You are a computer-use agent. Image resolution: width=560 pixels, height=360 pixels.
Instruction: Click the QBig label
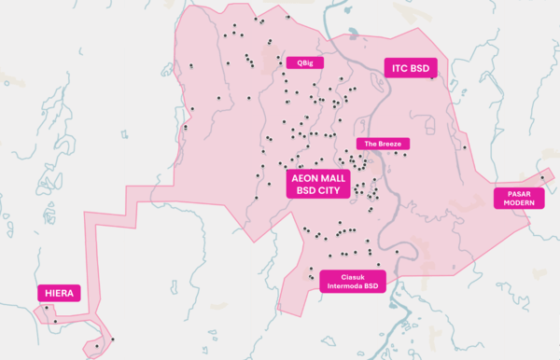pos(304,62)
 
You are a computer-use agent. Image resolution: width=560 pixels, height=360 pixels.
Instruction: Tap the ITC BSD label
pos(411,67)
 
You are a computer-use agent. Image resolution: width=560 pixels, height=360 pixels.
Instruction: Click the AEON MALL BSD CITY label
pos(317,182)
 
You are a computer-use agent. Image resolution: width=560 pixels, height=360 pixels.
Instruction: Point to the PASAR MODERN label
pos(518,198)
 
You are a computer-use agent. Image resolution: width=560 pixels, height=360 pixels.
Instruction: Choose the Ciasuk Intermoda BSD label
pos(351,281)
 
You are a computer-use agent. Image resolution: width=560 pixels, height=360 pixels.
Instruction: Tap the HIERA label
pos(59,293)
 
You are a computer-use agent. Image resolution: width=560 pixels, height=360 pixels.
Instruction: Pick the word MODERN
pos(518,202)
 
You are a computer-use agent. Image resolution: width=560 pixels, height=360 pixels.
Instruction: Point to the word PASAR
pos(518,193)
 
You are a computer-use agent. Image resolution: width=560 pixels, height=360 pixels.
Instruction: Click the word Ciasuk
pos(351,276)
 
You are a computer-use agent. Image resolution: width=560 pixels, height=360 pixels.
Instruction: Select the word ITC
pos(398,67)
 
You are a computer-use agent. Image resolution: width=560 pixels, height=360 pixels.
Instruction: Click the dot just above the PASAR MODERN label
pos(541,177)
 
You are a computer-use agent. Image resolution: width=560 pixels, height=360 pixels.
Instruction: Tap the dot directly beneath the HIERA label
pos(56,322)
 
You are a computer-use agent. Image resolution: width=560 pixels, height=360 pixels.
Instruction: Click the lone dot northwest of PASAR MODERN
pos(464,146)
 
